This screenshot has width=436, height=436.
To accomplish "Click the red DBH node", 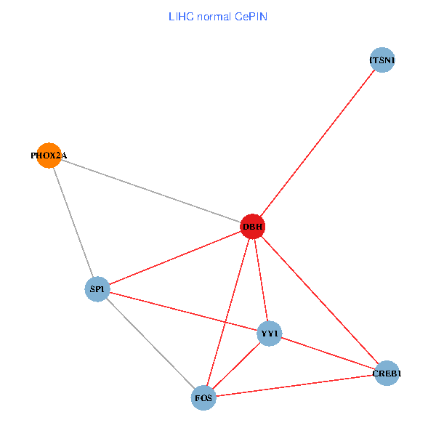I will (x=253, y=227).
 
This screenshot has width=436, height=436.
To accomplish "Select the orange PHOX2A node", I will (x=49, y=155).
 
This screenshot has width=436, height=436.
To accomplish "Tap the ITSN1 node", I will (x=381, y=60).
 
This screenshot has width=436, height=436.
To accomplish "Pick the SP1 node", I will (x=97, y=289).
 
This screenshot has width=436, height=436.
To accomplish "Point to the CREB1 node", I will (x=387, y=374).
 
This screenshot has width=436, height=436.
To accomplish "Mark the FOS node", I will (x=204, y=397).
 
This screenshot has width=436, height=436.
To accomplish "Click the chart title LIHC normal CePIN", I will (x=218, y=16).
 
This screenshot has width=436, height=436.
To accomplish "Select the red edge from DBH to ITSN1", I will (x=317, y=144).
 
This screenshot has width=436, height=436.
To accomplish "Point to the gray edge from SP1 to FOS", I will (x=150, y=343).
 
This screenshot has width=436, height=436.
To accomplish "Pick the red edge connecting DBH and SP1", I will (x=175, y=258).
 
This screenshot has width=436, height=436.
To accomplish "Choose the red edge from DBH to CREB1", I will (x=320, y=300).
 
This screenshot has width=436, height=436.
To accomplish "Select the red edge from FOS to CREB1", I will (x=295, y=385).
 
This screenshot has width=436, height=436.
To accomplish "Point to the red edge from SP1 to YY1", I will (x=183, y=312).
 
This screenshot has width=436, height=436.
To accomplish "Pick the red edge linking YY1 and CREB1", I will (x=328, y=354).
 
